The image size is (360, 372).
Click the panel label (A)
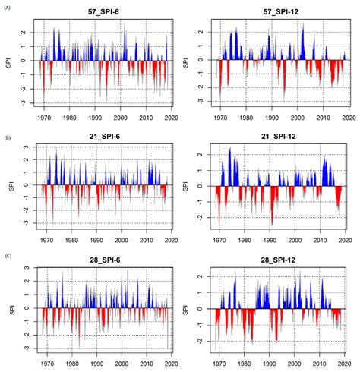tap(8, 5)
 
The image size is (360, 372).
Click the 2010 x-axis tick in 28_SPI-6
tap(146, 362)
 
